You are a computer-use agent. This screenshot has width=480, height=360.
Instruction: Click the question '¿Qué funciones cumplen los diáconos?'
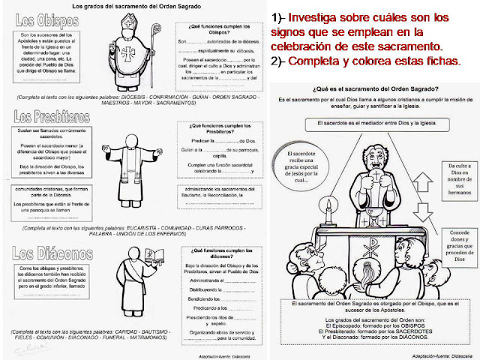[217, 249]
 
